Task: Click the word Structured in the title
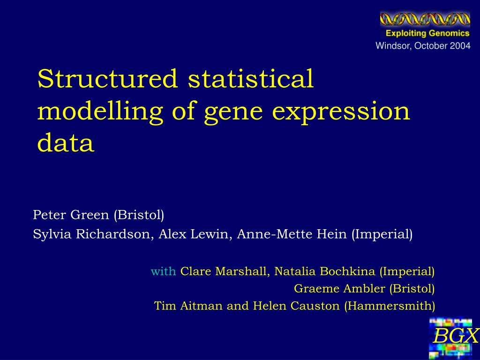[107, 78]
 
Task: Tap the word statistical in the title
[251, 78]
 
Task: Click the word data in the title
[66, 142]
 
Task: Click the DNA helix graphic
[425, 19]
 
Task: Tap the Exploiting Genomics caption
[427, 33]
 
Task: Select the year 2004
[460, 46]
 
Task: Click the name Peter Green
[71, 215]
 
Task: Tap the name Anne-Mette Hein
[292, 234]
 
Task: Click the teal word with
[163, 271]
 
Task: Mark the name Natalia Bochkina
[325, 271]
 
